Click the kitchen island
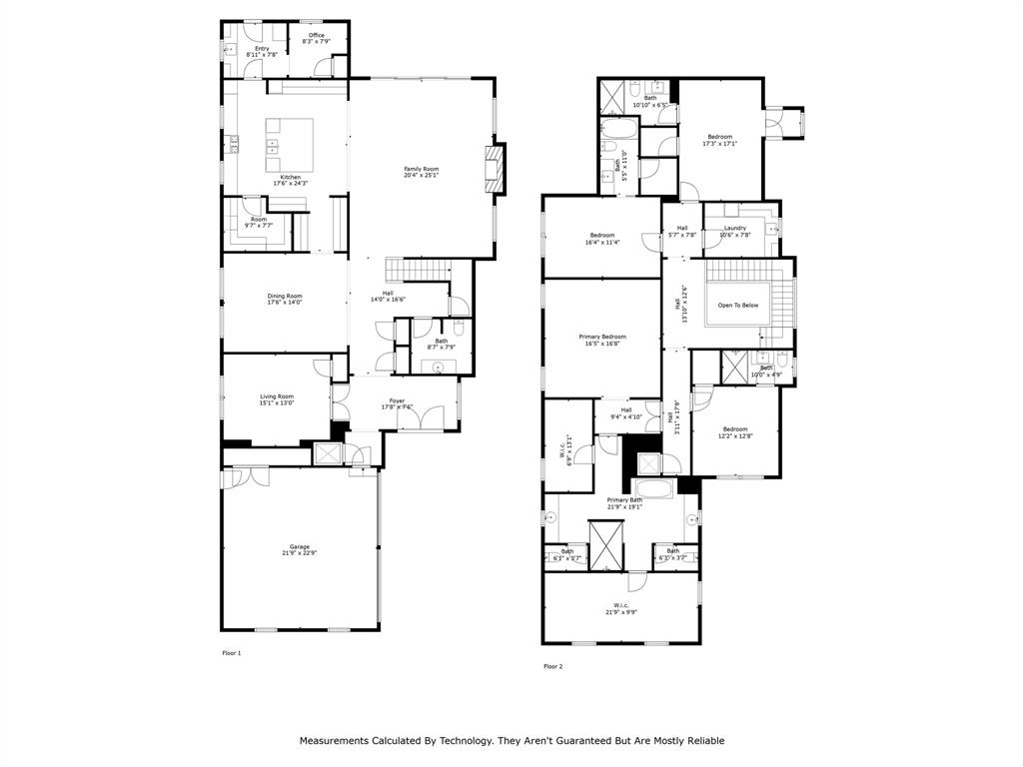[289, 146]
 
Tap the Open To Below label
[738, 305]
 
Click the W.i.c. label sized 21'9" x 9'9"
[620, 608]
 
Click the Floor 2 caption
[553, 666]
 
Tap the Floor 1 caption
[231, 653]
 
